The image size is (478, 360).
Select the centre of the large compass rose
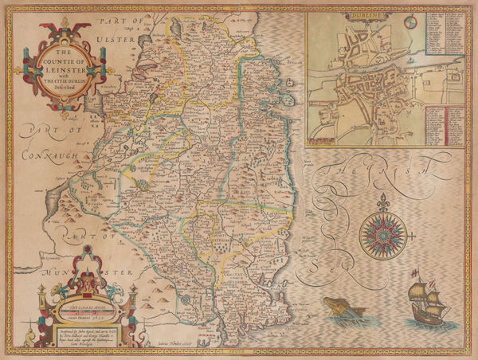382,232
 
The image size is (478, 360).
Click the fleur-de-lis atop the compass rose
382,199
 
